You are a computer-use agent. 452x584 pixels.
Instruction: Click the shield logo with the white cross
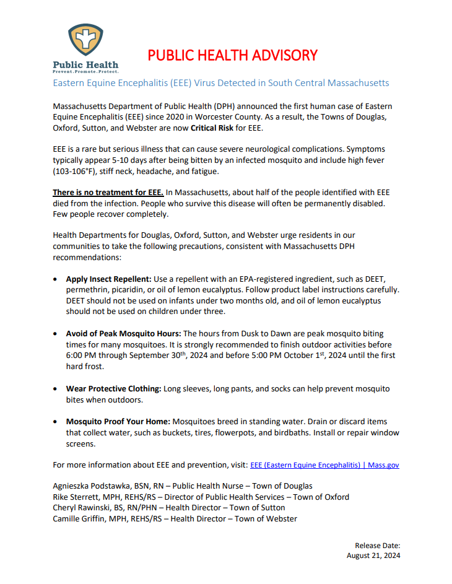[85, 41]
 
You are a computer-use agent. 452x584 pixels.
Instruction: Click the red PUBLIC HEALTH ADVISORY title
[232, 55]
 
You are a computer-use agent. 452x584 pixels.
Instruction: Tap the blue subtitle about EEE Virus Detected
[221, 82]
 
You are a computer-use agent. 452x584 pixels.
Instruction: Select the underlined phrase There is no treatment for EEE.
[108, 193]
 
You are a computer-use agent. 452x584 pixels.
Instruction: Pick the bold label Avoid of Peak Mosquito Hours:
[123, 333]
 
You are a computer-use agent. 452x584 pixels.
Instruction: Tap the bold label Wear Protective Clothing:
[114, 388]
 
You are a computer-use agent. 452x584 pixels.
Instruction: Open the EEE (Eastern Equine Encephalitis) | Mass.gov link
[324, 464]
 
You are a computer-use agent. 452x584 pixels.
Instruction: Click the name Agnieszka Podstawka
[93, 486]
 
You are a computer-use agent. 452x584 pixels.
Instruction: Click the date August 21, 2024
[373, 556]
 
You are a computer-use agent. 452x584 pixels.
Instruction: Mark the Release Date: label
[378, 545]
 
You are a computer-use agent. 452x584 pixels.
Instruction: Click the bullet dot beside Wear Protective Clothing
[57, 389]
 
